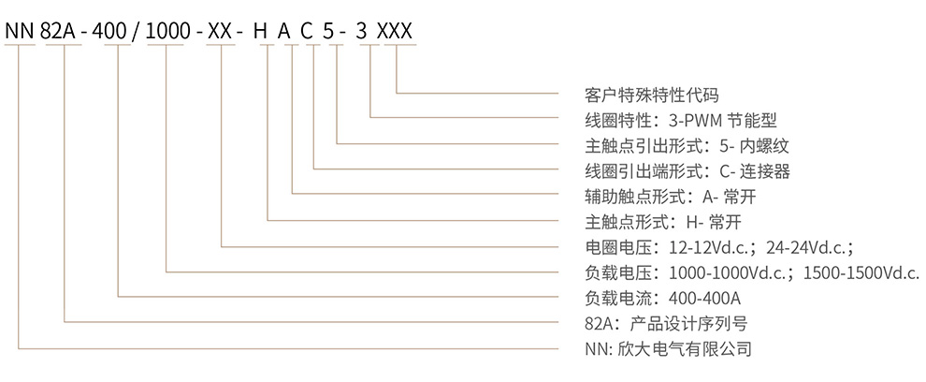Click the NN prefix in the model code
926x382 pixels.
coord(20,31)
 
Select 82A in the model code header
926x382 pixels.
coord(61,31)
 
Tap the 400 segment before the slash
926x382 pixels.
coord(117,31)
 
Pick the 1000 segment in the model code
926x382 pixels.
coord(166,31)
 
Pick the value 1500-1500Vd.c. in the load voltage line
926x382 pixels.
coord(860,272)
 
